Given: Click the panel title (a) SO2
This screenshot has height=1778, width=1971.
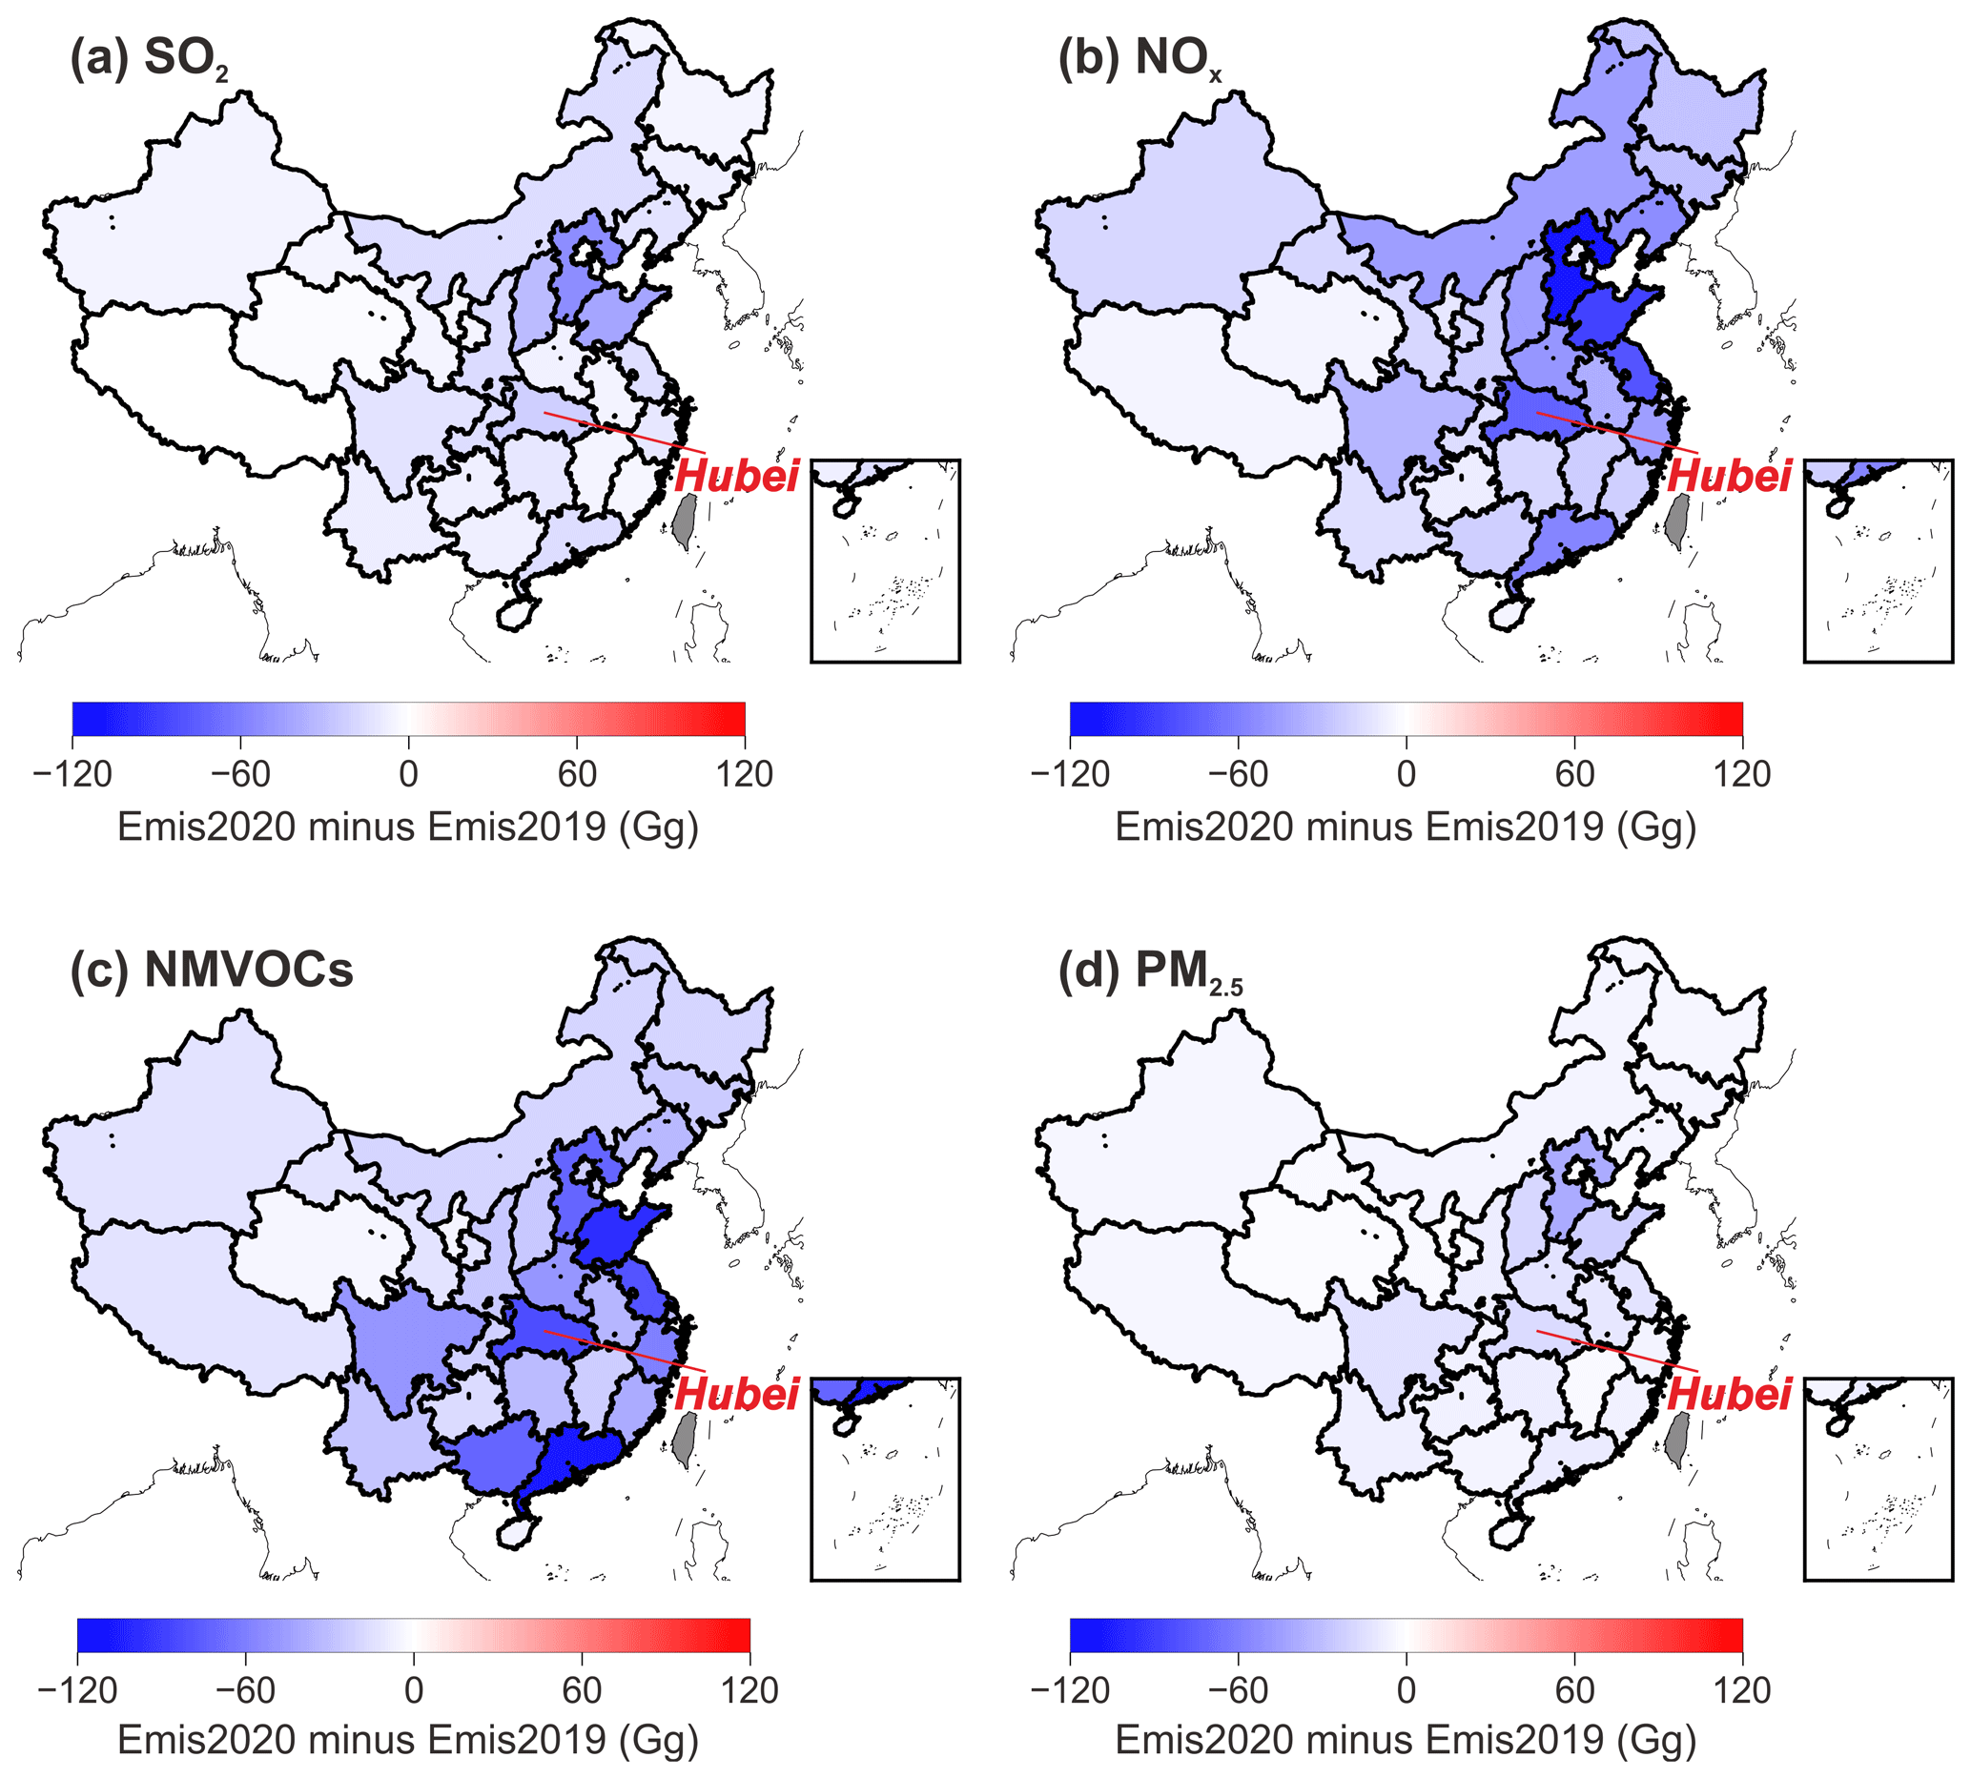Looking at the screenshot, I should (x=149, y=58).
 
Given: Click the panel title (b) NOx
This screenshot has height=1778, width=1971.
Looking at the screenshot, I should (x=1139, y=58).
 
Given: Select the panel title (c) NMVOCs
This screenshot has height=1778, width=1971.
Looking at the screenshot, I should (x=211, y=971).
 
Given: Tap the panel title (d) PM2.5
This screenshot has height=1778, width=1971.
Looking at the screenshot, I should (x=1149, y=972).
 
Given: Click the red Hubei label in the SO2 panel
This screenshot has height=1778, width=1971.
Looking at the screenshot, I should (x=737, y=476).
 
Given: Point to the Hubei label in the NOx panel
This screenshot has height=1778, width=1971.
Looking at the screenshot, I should (x=1729, y=476).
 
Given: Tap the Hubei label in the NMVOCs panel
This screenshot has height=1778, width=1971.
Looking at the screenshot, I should (x=737, y=1394).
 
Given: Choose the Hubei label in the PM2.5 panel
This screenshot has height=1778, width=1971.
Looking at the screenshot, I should (x=1729, y=1394).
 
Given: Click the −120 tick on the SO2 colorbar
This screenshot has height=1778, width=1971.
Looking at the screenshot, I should (x=72, y=775).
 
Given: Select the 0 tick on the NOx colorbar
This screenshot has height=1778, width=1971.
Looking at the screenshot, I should (x=1406, y=775).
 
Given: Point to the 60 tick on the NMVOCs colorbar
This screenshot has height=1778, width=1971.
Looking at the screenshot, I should (x=582, y=1691).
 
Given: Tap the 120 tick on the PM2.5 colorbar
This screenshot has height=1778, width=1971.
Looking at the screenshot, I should (x=1741, y=1691).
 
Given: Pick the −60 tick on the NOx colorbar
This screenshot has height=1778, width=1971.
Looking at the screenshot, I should (x=1238, y=775).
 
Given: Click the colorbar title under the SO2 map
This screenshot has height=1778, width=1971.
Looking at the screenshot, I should (x=408, y=828).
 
